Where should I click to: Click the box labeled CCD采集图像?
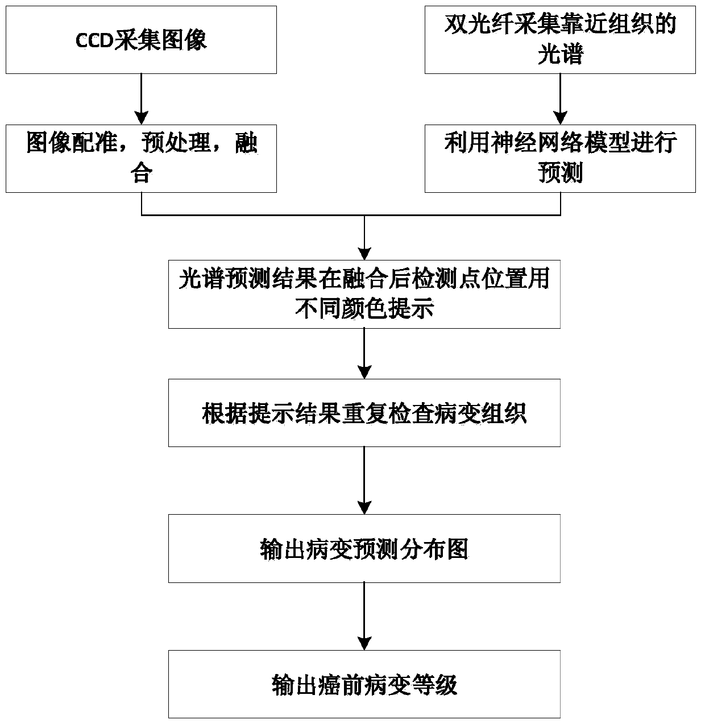point(141,40)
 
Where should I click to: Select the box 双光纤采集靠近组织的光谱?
point(560,40)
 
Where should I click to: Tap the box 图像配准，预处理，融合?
point(141,158)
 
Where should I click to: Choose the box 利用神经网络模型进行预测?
point(560,158)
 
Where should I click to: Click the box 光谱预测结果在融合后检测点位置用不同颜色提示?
point(364,294)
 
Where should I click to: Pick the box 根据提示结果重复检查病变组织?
point(364,413)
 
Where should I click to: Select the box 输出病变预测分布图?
point(364,548)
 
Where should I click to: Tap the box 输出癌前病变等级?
point(364,684)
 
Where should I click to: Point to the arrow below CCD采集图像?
point(141,99)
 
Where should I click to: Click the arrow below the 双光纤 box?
point(561,99)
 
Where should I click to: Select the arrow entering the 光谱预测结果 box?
point(364,239)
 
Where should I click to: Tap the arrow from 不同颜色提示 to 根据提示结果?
point(364,353)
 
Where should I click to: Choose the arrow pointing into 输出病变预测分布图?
point(364,481)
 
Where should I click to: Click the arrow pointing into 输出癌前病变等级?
point(364,617)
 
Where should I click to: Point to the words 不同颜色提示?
point(364,309)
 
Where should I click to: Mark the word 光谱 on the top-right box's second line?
point(560,56)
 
